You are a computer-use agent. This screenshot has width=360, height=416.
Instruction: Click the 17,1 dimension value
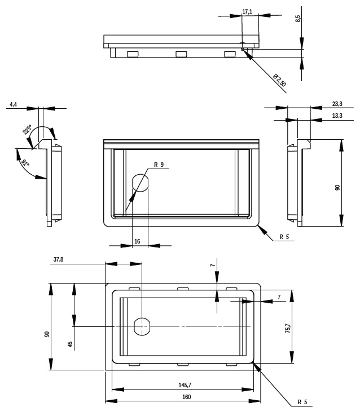point(247,12)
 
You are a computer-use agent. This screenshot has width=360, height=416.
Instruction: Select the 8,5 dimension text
point(298,19)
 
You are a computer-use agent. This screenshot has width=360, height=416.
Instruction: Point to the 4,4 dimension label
point(14,104)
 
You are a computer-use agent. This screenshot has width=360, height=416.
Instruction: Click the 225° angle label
point(27,130)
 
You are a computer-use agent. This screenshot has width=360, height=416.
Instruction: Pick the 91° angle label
point(25,163)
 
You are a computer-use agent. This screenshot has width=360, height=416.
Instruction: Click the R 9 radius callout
point(159,165)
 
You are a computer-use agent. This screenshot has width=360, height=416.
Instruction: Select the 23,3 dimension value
point(337,104)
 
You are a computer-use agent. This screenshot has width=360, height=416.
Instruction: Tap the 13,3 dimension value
point(337,116)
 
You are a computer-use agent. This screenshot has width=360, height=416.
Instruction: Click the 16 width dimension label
point(137,241)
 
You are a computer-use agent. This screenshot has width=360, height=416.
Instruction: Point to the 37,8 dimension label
point(59,259)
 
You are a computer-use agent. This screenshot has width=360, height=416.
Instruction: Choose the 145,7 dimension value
point(185,385)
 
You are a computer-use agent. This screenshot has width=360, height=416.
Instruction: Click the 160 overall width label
point(186,397)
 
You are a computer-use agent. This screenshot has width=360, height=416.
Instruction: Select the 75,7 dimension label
point(288,328)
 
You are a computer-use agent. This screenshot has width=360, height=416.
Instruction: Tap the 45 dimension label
point(70,344)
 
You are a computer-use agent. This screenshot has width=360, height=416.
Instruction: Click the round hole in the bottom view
point(142,326)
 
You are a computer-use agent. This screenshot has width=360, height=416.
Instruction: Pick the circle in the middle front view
point(140,183)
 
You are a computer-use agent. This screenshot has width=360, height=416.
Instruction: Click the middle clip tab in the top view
point(181,54)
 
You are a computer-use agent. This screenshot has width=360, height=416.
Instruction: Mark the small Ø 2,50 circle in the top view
point(242,50)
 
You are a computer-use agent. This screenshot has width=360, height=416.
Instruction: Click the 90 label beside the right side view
point(337,188)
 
